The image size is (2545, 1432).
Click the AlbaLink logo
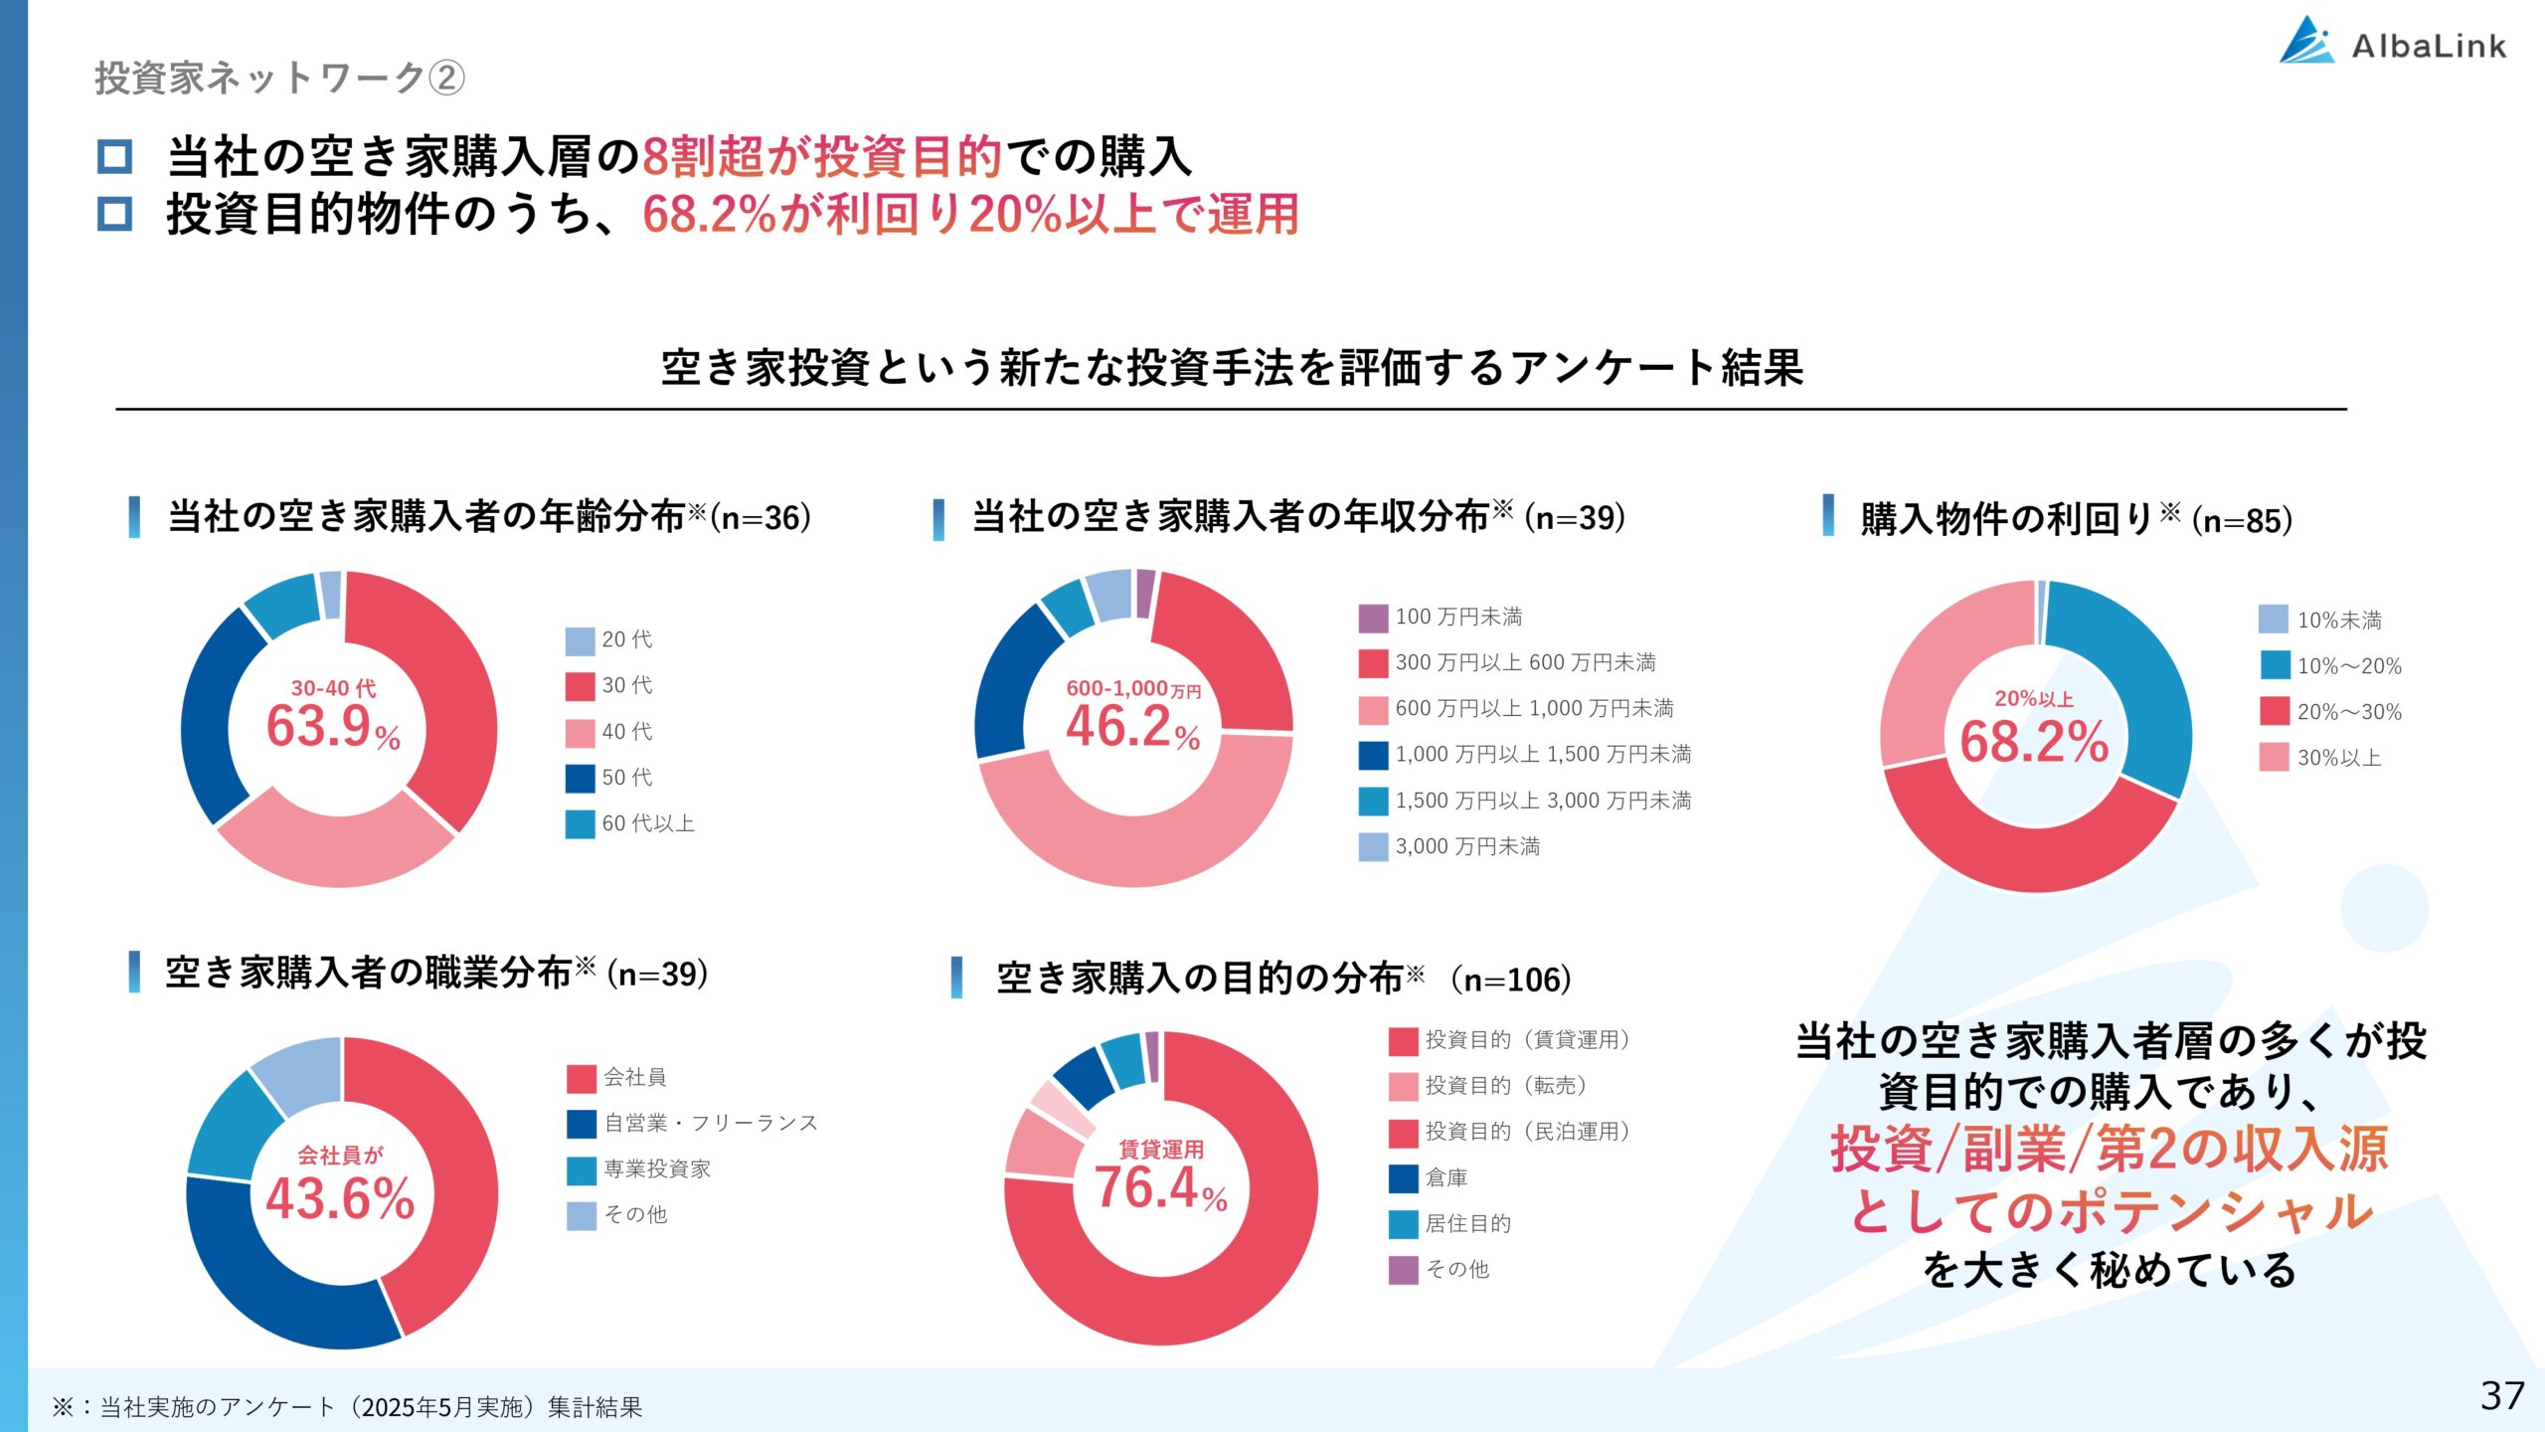[x=2392, y=42]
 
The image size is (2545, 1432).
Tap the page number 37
[x=2501, y=1395]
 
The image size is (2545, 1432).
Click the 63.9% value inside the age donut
[x=332, y=726]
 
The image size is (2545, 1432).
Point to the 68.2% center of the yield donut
[x=2034, y=742]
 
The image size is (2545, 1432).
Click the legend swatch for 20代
[x=580, y=640]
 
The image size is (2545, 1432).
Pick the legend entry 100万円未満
[x=1457, y=618]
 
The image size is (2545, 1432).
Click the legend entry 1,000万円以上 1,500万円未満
[x=1542, y=755]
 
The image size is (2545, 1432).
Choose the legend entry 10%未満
[x=2338, y=621]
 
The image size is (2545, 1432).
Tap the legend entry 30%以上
[x=2338, y=758]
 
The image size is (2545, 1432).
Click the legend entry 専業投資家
[x=656, y=1169]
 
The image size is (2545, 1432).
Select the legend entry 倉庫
[x=1445, y=1178]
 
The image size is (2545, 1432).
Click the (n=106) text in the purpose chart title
[x=1511, y=980]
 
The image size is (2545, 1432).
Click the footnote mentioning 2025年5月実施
[x=348, y=1407]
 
